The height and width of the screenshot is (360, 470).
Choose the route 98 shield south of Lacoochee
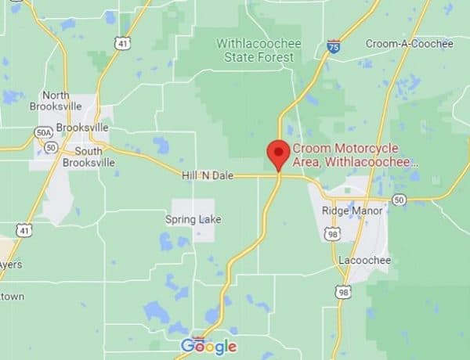pos(342,292)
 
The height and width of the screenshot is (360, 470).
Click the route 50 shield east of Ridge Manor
pos(399,200)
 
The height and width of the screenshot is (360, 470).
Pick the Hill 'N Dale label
pos(207,177)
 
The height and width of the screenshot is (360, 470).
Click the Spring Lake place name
pos(193,219)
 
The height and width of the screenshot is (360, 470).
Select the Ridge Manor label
pos(352,211)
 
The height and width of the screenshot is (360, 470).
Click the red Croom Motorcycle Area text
pos(356,155)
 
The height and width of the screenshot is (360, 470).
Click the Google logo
pos(208,346)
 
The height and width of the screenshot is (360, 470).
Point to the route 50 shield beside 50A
pos(50,147)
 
